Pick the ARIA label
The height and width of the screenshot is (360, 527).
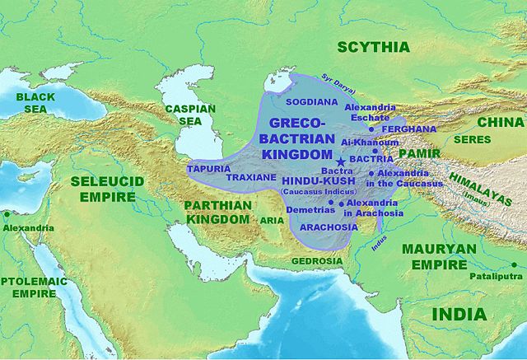click(273, 220)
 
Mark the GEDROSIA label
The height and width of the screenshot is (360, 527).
click(317, 261)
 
